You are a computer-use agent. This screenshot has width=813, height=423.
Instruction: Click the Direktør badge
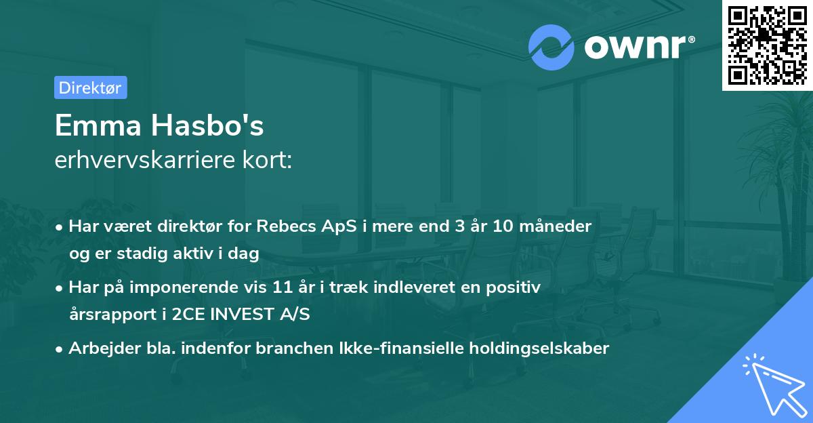point(90,87)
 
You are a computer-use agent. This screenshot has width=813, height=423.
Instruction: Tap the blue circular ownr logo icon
point(551,47)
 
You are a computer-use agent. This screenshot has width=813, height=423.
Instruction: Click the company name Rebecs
point(283,226)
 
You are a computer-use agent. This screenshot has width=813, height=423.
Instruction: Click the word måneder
point(559,226)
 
